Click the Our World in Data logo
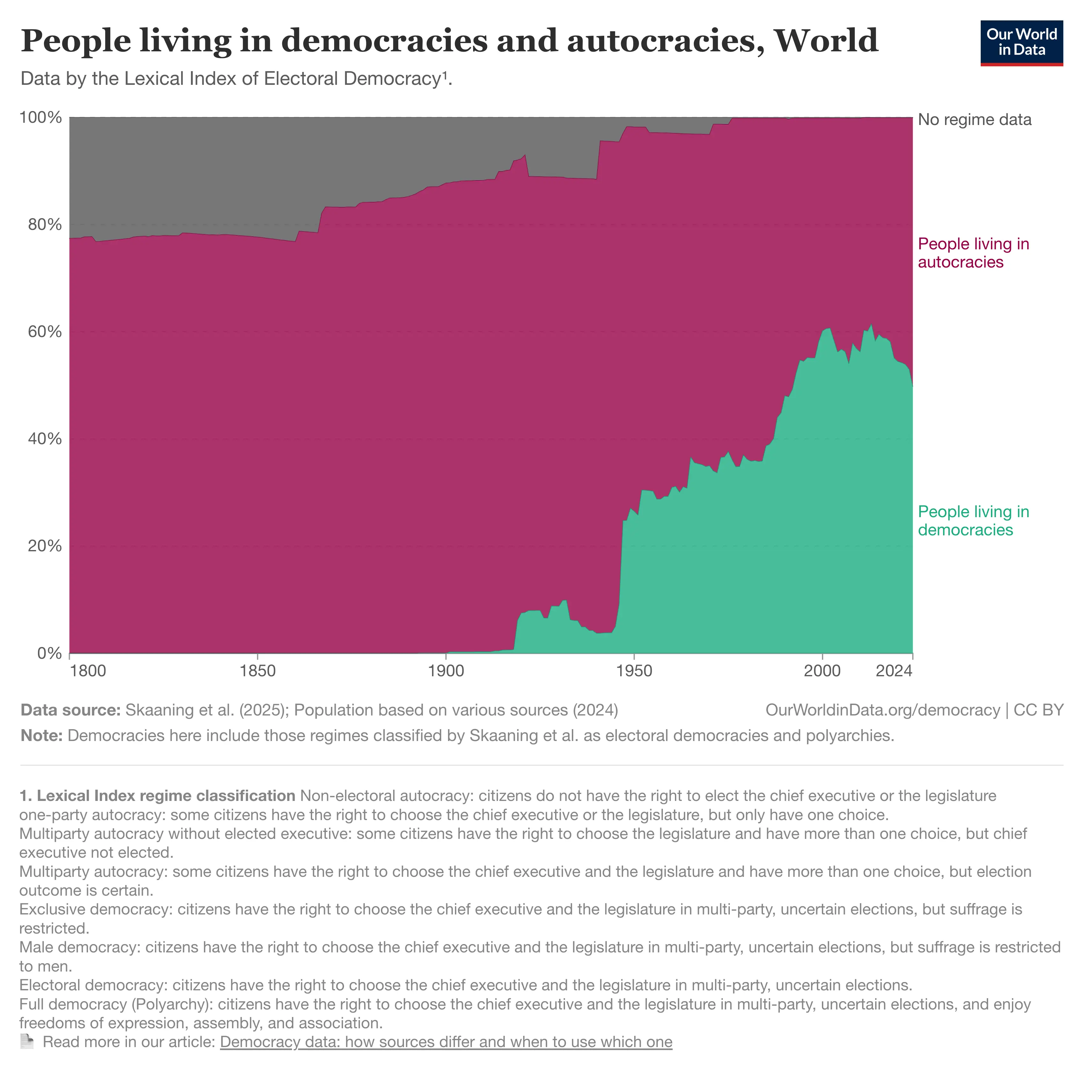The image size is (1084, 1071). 1021,43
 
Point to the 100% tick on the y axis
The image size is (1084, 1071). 40,118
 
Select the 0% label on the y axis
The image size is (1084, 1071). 49,653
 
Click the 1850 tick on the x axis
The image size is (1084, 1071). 258,671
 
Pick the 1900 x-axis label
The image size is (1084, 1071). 446,671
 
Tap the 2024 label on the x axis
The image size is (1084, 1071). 894,671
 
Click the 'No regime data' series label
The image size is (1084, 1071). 975,120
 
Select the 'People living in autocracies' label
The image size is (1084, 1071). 973,253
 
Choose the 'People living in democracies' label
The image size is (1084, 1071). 973,521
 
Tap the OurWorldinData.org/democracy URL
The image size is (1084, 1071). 883,710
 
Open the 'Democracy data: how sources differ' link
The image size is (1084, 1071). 446,1042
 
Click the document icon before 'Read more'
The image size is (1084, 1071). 27,1042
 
